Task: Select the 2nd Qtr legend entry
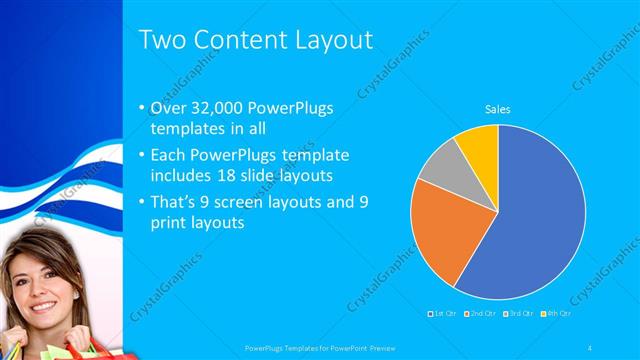coord(481,313)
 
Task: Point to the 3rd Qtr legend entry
coord(519,313)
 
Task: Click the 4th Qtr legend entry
coord(556,313)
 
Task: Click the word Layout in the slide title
coord(323,39)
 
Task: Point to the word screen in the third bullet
coord(265,201)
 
